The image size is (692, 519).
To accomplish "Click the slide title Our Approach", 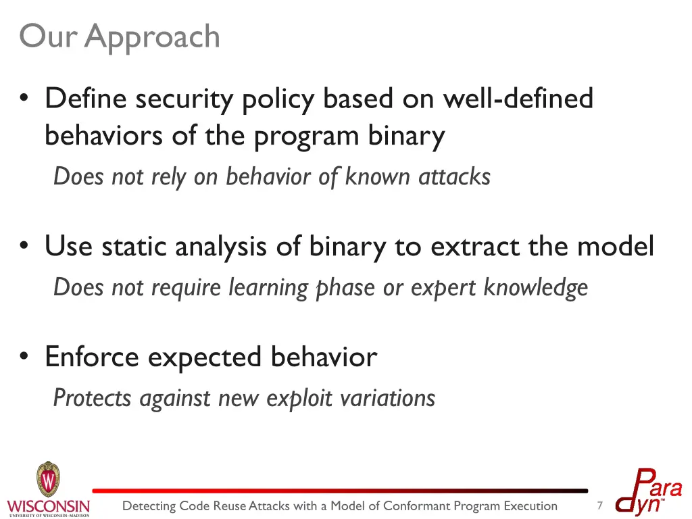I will point(120,36).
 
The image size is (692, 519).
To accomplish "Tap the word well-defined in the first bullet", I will point(518,99).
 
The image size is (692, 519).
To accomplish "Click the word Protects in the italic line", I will point(93,397).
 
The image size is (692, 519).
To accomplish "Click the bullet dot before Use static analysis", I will point(25,247).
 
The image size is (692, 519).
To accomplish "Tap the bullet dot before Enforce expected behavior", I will point(25,357).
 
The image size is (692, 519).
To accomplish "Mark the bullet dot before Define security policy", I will point(25,99).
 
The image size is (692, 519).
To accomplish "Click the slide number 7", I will point(599,505).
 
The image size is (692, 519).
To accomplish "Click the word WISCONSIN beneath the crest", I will point(48,506).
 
